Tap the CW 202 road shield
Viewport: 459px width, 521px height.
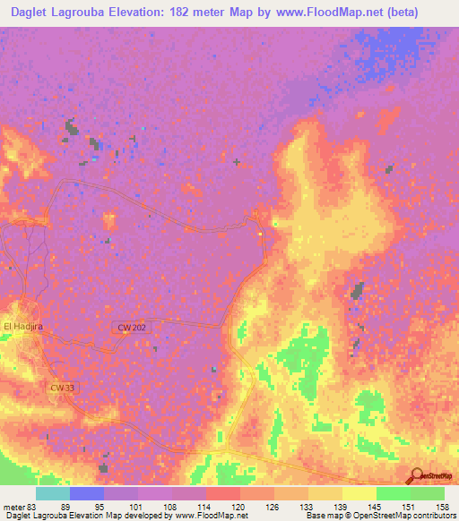132,329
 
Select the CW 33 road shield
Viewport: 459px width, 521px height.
61,388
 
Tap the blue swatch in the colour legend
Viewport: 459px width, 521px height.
87,493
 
